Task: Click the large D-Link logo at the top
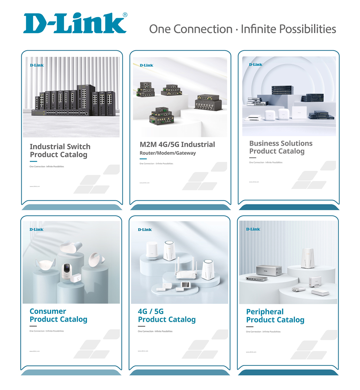click(x=75, y=23)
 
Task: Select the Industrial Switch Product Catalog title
click(x=60, y=151)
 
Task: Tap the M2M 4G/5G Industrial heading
click(x=177, y=144)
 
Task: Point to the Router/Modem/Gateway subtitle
click(x=168, y=153)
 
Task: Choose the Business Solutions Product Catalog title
click(x=280, y=147)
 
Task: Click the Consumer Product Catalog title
click(x=58, y=315)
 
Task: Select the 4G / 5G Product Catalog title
click(x=167, y=316)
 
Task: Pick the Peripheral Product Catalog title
click(x=275, y=316)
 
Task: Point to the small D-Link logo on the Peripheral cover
click(x=253, y=229)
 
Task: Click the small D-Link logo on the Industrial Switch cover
click(x=37, y=65)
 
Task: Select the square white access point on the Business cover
click(x=299, y=113)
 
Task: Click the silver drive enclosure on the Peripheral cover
click(x=269, y=271)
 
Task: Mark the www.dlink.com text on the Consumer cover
click(x=34, y=351)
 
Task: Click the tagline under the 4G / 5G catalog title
click(x=155, y=331)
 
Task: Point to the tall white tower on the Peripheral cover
click(x=307, y=258)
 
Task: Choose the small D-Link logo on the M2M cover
click(x=147, y=65)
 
